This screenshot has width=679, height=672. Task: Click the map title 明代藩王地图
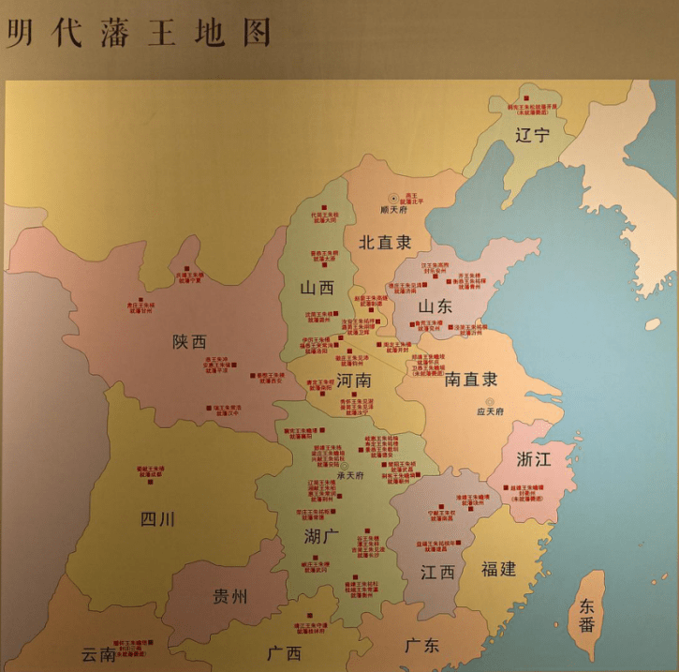[139, 33]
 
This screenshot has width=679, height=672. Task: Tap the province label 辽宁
[532, 135]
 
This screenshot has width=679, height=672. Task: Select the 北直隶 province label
[385, 242]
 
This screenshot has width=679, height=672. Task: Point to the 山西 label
[317, 288]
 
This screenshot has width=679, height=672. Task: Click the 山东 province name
[435, 306]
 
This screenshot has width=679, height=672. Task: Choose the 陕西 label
[189, 342]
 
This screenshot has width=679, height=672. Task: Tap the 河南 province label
[353, 381]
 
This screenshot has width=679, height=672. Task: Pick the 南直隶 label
[471, 380]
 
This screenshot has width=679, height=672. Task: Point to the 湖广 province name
[322, 537]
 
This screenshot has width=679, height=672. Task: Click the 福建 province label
[498, 569]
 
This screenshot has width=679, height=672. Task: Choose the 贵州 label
[230, 596]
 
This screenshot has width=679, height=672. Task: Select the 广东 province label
[421, 646]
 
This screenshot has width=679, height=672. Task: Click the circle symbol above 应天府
[489, 401]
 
